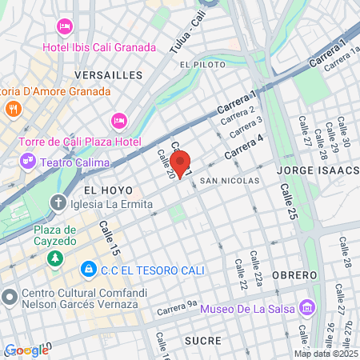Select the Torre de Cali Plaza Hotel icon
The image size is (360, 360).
(x=119, y=120)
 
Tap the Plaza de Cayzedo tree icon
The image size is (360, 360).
(x=54, y=258)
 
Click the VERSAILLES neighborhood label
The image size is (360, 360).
(x=107, y=74)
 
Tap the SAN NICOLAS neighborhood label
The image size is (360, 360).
(x=230, y=181)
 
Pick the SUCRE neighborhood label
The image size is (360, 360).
(x=202, y=340)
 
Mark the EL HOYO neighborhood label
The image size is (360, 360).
(x=102, y=191)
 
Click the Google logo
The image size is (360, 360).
(x=26, y=350)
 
